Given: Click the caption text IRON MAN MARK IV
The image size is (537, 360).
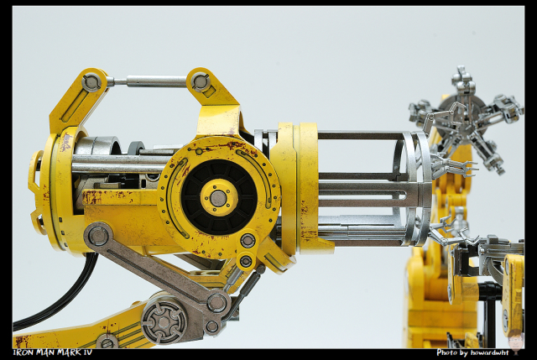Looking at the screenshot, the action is [52, 352].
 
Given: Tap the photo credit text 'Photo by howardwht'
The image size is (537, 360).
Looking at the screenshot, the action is [472, 352].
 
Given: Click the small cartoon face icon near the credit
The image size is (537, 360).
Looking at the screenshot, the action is [514, 340].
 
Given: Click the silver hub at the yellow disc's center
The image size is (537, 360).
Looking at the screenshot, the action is [217, 198].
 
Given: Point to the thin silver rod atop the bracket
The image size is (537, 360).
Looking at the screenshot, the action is [149, 81].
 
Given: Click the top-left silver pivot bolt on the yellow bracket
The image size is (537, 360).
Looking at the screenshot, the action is [91, 82].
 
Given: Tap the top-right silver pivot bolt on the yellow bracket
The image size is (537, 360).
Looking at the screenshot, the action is [201, 81].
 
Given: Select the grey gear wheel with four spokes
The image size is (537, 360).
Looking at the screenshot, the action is [164, 322].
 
